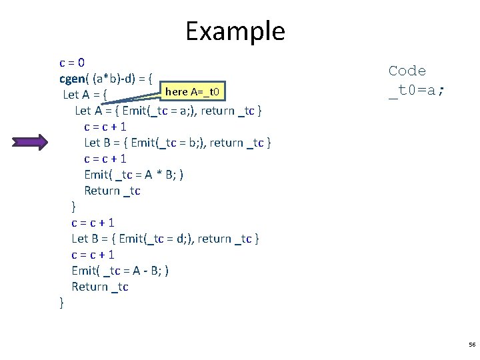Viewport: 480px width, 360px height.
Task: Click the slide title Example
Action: [235, 31]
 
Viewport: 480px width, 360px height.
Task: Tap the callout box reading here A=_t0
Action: [196, 91]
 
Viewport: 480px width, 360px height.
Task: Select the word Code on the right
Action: [407, 71]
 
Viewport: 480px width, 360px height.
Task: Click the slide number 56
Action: [472, 345]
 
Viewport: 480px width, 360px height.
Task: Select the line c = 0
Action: [72, 63]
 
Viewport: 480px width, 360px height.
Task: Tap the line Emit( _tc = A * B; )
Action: [134, 175]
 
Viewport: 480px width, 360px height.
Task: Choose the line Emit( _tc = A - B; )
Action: [120, 271]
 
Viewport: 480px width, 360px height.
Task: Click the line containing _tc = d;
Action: [165, 239]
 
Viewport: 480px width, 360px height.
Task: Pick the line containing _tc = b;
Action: [177, 143]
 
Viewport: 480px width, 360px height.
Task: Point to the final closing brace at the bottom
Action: [62, 303]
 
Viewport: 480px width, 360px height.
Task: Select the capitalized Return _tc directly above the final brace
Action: [100, 287]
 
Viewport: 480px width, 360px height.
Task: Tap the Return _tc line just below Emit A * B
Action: [112, 191]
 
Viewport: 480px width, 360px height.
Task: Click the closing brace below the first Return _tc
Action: [74, 207]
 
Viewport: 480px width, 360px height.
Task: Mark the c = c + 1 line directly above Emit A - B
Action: [93, 255]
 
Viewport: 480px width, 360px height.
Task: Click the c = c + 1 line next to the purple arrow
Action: [105, 127]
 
